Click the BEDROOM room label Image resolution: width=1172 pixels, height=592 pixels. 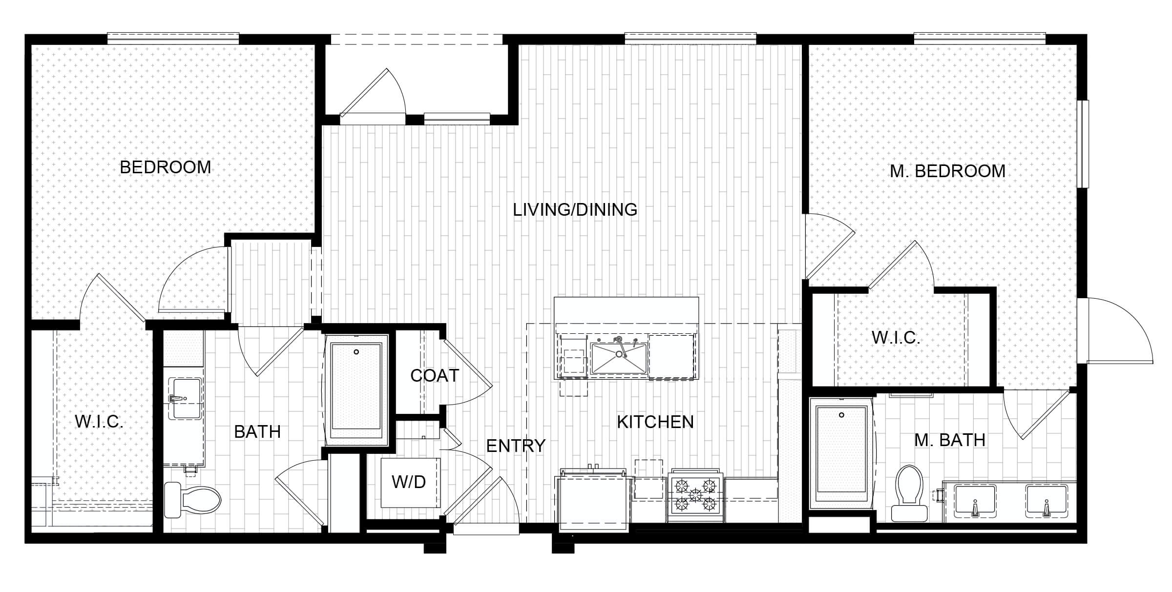click(x=165, y=167)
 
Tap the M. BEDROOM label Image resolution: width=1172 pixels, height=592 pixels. click(x=947, y=171)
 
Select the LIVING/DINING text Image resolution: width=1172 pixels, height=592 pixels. click(x=575, y=209)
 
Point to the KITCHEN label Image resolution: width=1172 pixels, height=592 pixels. click(x=655, y=422)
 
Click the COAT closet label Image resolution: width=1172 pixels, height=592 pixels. click(x=435, y=375)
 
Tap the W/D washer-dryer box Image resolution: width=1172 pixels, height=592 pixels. click(x=410, y=482)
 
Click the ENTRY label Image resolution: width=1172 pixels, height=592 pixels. click(x=516, y=446)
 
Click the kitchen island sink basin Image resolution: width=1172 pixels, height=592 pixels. click(x=618, y=358)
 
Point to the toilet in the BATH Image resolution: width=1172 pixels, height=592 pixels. click(x=192, y=500)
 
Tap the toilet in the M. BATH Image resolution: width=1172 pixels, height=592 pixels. click(x=909, y=493)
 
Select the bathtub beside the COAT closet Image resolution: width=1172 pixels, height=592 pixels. click(x=356, y=390)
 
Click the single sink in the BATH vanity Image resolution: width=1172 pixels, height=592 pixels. click(x=185, y=398)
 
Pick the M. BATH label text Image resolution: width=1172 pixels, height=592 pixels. click(x=950, y=440)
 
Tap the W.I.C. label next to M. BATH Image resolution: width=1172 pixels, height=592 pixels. click(x=896, y=338)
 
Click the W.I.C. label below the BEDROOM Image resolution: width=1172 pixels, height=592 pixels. click(x=99, y=422)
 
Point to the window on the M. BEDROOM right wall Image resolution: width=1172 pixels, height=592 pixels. click(x=1083, y=144)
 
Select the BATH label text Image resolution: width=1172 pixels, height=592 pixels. click(x=257, y=432)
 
